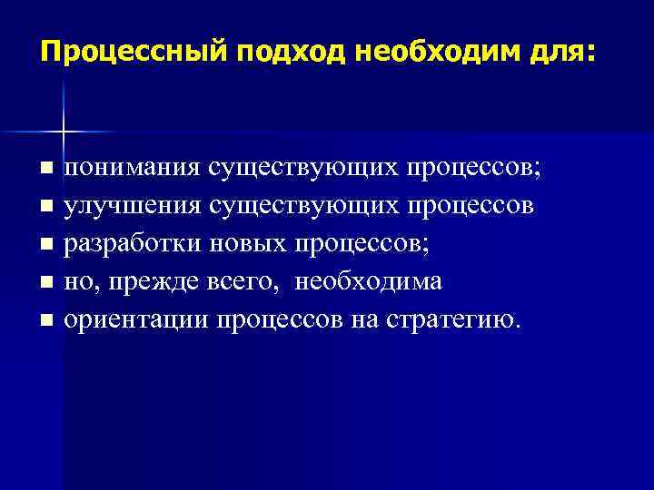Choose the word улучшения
[134, 206]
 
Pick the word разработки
[134, 244]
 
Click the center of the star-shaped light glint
[63, 132]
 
